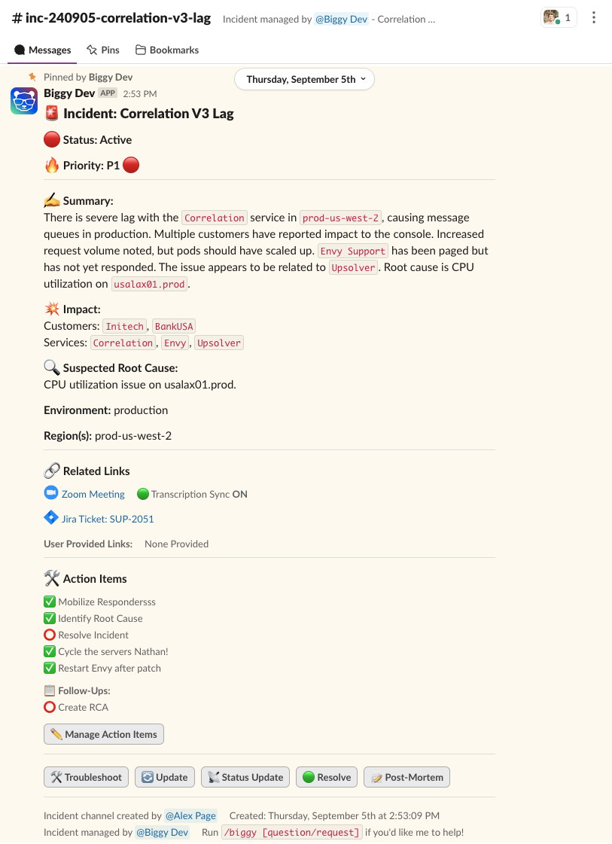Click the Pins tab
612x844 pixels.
[103, 50]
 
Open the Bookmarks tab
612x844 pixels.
[167, 50]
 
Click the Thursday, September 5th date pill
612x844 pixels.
[304, 79]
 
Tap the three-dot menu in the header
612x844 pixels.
[594, 17]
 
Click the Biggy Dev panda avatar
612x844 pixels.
[24, 100]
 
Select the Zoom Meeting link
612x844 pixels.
[93, 494]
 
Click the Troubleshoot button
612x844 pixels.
[86, 777]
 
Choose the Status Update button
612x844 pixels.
[245, 777]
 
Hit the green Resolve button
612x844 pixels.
[327, 777]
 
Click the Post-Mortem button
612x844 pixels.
[406, 777]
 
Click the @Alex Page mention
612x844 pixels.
[190, 815]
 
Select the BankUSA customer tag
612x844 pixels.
[174, 326]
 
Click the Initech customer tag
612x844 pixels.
[124, 326]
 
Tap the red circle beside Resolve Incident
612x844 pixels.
[50, 635]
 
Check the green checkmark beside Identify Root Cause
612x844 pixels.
[50, 618]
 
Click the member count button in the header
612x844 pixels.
[559, 17]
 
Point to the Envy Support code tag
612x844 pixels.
[353, 251]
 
